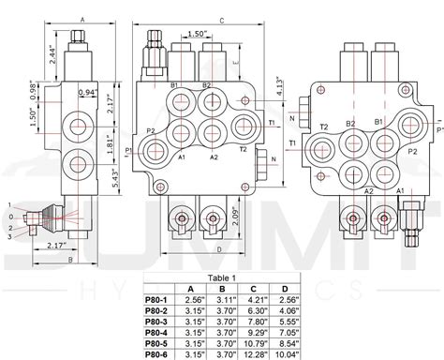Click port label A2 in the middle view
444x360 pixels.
click(x=214, y=157)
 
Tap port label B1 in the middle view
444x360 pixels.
click(x=175, y=85)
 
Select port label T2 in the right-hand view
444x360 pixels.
click(x=323, y=126)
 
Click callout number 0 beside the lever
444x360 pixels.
click(x=9, y=215)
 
